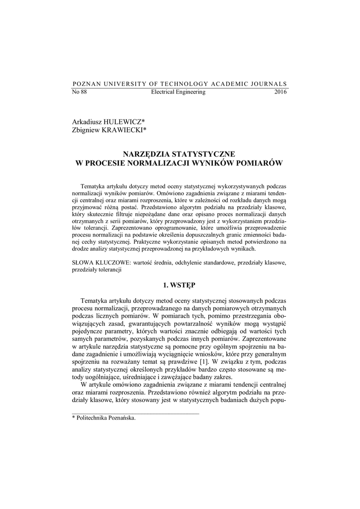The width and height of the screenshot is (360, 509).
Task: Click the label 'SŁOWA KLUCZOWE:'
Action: pos(100,261)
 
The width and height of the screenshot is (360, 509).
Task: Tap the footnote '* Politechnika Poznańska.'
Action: pos(104,418)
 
